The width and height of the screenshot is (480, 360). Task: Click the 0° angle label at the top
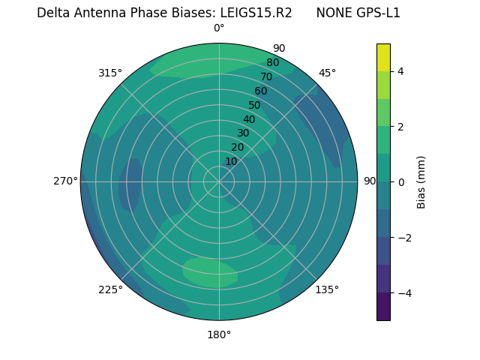(x=219, y=28)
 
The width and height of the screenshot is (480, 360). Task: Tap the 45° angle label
(x=327, y=73)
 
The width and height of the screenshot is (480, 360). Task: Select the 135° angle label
(x=327, y=289)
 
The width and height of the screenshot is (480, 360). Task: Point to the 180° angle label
(x=219, y=334)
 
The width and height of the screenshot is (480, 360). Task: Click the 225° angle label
(x=110, y=289)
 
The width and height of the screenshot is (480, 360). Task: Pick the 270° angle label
(x=65, y=181)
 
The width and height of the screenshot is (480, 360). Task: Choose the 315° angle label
(x=110, y=73)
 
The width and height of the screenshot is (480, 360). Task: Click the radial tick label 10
(x=231, y=161)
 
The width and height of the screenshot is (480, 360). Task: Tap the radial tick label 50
(x=254, y=105)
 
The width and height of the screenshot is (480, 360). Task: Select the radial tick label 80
(x=272, y=62)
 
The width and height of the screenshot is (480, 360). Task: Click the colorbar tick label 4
(x=400, y=71)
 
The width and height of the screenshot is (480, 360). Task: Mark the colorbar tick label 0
(x=400, y=181)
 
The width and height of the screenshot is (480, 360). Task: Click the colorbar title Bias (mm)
(x=421, y=181)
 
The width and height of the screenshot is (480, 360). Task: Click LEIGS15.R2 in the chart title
(x=256, y=13)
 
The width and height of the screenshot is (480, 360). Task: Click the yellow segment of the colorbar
(x=383, y=57)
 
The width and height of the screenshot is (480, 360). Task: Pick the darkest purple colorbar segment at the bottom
(x=383, y=307)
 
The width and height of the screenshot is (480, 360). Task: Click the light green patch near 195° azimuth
(x=210, y=271)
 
